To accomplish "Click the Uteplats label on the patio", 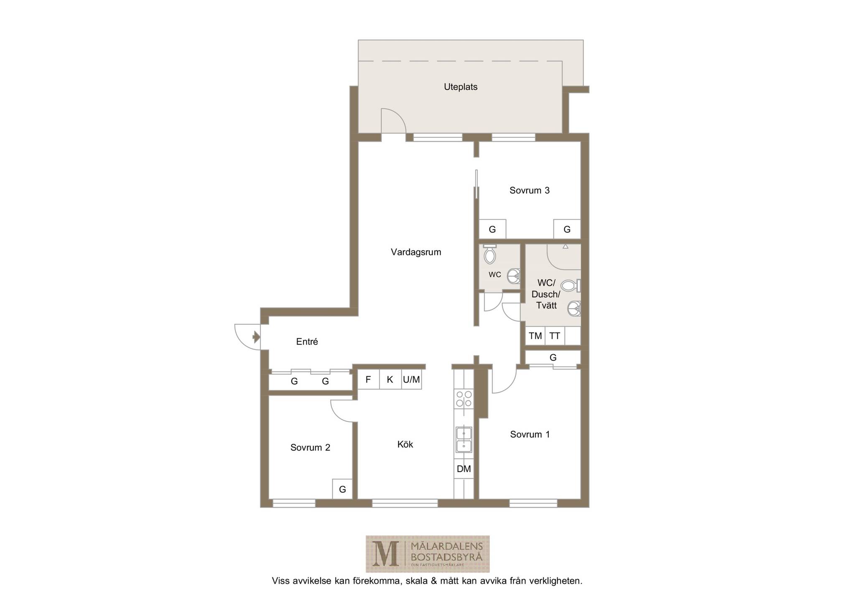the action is [460, 87].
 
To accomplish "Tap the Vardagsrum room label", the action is [416, 252].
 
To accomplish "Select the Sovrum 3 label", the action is [529, 191].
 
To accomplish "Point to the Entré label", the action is [307, 342].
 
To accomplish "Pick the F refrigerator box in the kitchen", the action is [368, 380].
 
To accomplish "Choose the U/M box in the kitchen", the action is [411, 380].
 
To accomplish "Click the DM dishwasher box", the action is [464, 469].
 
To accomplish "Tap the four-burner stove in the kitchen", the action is [464, 398].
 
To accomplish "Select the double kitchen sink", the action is [464, 440].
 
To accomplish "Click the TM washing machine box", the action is [535, 336].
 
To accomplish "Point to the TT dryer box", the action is [555, 336].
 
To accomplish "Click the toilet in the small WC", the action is [489, 254].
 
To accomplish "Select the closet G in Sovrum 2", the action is [342, 489].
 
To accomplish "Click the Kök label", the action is [405, 444].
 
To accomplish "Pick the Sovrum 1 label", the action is [530, 434].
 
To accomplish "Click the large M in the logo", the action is [386, 554].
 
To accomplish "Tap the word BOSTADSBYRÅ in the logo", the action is [447, 557].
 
